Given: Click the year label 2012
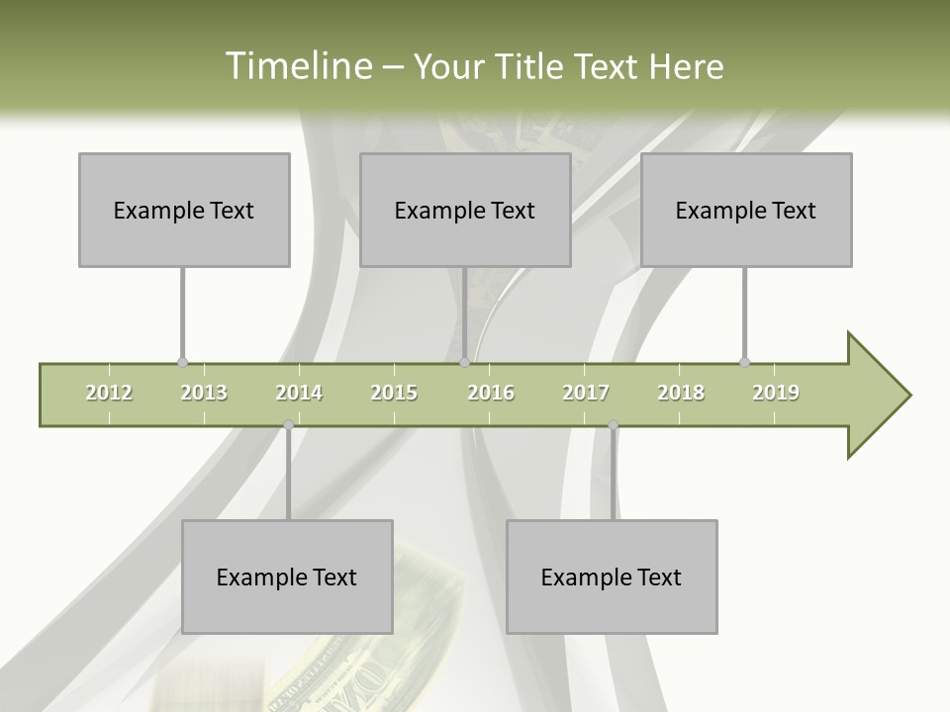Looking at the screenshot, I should coord(109,393).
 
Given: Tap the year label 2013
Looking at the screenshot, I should coord(204,393).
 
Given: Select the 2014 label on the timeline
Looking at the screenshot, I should coord(299,393).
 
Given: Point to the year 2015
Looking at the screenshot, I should coord(394,393).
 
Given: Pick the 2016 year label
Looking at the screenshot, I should coord(491,393).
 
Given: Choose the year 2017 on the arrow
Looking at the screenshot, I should coord(586,393).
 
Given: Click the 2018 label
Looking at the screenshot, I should coord(681,393).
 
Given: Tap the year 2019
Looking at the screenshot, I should coord(776,393).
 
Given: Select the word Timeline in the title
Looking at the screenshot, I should coord(297,66).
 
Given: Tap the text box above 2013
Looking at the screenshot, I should coord(184,210).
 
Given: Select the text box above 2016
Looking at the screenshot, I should coord(465,210).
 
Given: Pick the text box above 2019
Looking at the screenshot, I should coord(746,210).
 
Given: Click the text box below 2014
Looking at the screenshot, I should coord(287,577).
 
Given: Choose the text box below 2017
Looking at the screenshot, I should coord(612,577).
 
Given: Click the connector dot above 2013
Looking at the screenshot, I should coord(182,363).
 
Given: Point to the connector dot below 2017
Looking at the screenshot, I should coord(613,425).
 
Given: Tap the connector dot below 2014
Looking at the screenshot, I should coord(288,425).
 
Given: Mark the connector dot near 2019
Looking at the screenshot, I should coord(744,363).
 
